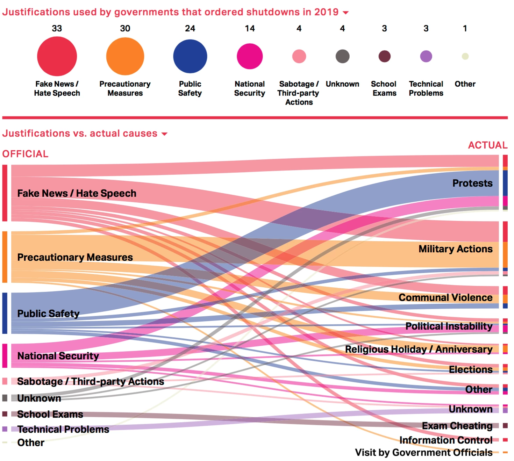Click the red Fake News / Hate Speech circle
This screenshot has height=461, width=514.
click(x=57, y=56)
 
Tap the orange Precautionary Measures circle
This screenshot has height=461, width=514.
click(x=125, y=56)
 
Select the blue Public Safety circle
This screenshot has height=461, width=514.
click(x=190, y=56)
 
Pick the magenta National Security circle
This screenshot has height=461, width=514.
click(x=250, y=56)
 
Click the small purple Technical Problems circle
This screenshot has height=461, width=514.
click(x=426, y=56)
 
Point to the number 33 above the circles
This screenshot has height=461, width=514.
click(x=57, y=29)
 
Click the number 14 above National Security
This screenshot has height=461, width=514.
click(x=250, y=29)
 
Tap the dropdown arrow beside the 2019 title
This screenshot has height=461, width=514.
click(x=345, y=13)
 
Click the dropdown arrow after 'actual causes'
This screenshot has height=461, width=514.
click(x=164, y=134)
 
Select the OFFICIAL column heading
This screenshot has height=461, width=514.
click(x=26, y=154)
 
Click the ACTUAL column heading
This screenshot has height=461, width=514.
click(x=487, y=145)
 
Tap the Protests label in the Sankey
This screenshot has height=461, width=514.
click(x=472, y=183)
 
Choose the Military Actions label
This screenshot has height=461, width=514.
click(x=455, y=249)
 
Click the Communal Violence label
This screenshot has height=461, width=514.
click(x=445, y=298)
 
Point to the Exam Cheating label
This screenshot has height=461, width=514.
click(x=457, y=426)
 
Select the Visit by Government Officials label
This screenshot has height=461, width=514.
click(x=424, y=453)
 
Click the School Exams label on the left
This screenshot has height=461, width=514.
click(x=50, y=415)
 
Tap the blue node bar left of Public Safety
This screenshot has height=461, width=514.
click(x=5, y=313)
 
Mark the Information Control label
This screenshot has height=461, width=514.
click(x=446, y=440)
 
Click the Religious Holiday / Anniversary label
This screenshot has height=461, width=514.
click(x=419, y=350)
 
